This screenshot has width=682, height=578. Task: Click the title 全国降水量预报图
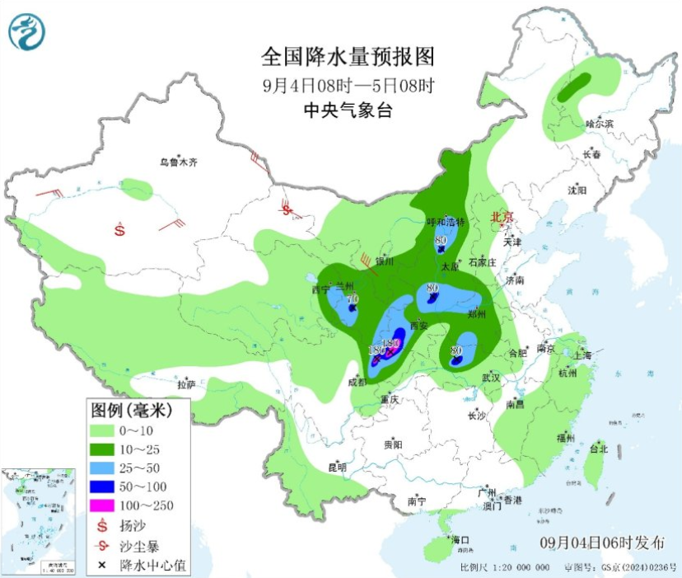point(347,57)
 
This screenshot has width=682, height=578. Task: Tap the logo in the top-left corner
point(27,32)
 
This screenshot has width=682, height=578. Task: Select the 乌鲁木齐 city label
point(179,162)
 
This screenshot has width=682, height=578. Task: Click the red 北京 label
point(502,217)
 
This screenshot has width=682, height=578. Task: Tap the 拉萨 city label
point(185,383)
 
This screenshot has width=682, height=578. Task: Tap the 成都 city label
point(358,382)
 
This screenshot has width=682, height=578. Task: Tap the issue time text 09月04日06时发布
point(603,542)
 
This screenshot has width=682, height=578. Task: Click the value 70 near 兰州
point(353,298)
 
